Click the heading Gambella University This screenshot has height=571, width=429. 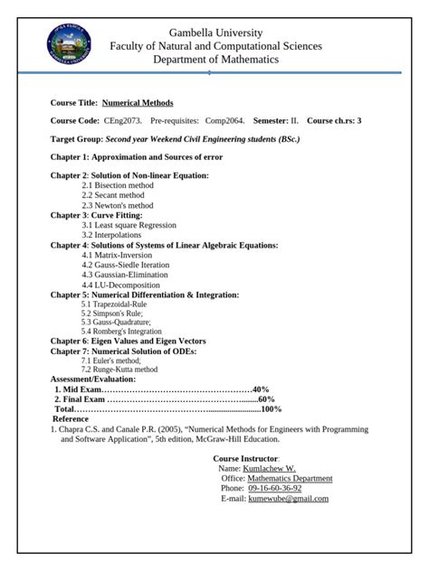[214, 32]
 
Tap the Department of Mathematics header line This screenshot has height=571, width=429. [215, 60]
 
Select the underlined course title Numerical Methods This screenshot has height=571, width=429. [138, 103]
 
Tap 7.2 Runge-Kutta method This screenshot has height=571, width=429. [119, 369]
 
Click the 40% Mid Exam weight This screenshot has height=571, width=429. [261, 388]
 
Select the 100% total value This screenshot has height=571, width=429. [271, 408]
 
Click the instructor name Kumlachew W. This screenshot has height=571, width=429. [269, 469]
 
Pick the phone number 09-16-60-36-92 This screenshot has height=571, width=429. [274, 488]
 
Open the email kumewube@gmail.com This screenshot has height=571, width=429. [288, 498]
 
